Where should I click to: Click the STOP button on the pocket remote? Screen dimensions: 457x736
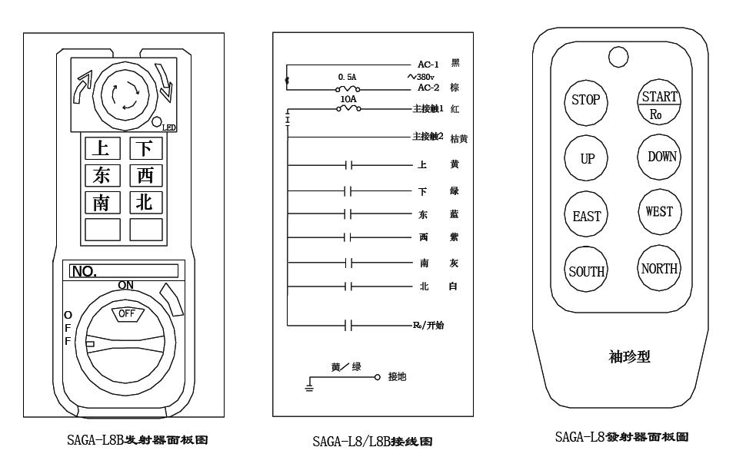(x=586, y=101)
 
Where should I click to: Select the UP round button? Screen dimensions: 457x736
(x=586, y=158)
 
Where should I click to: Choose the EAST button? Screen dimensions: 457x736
(x=586, y=217)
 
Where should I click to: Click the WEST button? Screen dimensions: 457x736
(x=659, y=212)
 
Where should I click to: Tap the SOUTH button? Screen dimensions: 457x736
(x=586, y=271)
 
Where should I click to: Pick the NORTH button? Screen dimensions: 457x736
(x=659, y=269)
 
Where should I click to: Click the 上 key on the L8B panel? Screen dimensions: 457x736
(x=102, y=147)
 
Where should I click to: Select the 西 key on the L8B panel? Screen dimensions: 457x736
(x=146, y=175)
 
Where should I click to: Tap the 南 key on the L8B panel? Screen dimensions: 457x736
(x=102, y=203)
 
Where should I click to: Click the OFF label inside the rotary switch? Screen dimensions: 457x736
(x=127, y=313)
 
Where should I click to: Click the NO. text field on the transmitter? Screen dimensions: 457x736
(x=123, y=271)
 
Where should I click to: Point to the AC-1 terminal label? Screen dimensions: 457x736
(x=427, y=64)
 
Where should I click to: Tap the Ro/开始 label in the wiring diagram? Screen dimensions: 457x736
(x=429, y=325)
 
